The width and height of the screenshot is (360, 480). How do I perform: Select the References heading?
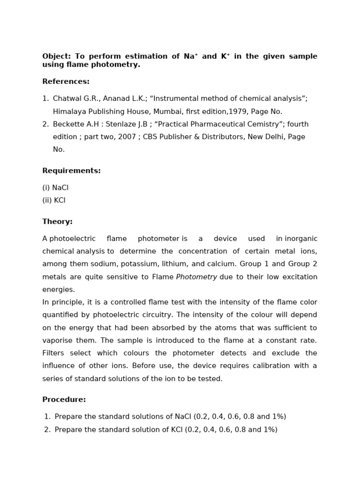(x=66, y=82)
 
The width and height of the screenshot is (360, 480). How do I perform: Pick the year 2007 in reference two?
(x=123, y=137)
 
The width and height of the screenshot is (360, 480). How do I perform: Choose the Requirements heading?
(x=71, y=171)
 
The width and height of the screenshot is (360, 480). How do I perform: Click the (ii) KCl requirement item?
(x=54, y=200)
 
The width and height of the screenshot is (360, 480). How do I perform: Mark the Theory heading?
(x=57, y=222)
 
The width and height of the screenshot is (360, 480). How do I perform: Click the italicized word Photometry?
(x=196, y=277)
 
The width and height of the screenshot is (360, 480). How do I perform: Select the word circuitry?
(x=180, y=315)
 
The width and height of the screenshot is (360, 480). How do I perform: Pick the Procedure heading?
(x=64, y=400)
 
